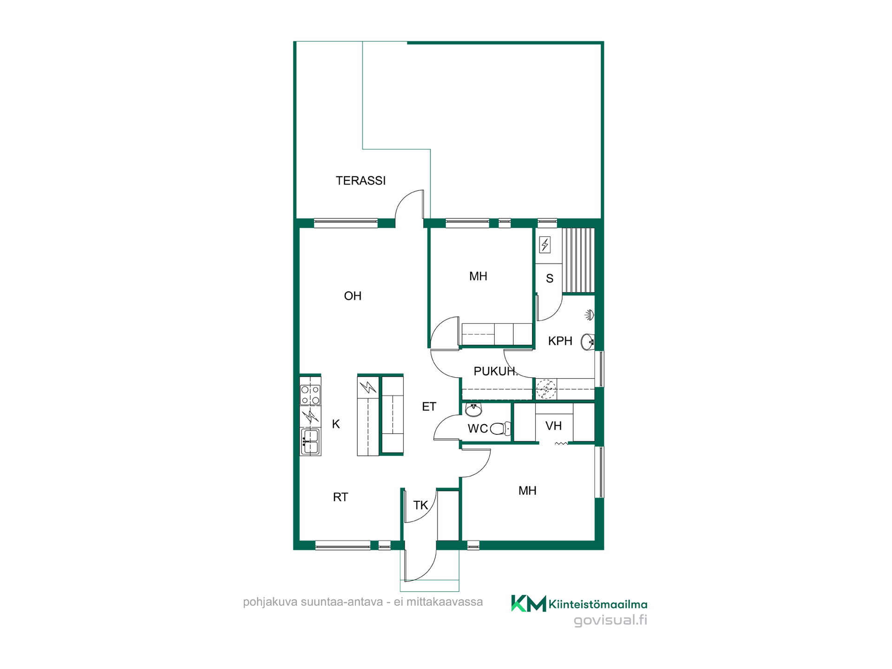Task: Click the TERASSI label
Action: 361,181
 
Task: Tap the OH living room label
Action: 353,296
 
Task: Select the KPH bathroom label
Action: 560,341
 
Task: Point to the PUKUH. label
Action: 495,371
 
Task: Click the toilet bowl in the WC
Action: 501,428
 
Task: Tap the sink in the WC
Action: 473,410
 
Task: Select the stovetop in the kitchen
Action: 310,394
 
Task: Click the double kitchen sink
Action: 310,442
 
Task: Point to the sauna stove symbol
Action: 545,244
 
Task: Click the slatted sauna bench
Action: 578,260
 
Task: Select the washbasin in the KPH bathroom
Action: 588,342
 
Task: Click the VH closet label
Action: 553,426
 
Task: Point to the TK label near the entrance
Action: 420,505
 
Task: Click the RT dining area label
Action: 341,497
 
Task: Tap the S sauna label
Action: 550,279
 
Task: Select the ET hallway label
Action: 429,407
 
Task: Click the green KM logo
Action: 529,603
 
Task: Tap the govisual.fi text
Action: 610,620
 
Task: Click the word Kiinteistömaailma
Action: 598,604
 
